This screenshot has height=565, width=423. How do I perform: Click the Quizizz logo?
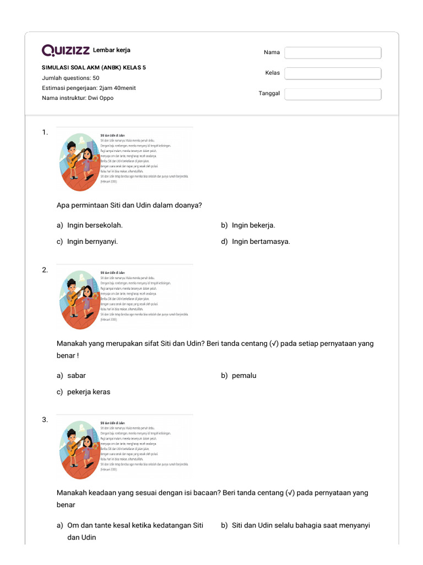tap(66, 51)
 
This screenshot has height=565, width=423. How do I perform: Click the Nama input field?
tap(333, 52)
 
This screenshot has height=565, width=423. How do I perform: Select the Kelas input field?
tap(333, 73)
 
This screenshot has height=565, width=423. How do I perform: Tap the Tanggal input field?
tap(333, 94)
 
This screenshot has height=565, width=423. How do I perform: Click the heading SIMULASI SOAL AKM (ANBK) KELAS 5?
tap(94, 68)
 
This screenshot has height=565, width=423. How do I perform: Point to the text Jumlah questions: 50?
tap(70, 78)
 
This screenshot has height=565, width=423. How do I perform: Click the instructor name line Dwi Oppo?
tap(78, 98)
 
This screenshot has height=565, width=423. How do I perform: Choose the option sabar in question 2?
tap(77, 376)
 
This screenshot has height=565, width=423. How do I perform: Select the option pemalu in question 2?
tap(244, 376)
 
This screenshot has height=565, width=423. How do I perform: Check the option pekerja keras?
tap(89, 392)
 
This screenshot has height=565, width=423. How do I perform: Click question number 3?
tap(45, 420)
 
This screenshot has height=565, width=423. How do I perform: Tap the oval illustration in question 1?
tap(78, 162)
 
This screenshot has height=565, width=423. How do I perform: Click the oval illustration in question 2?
tap(78, 300)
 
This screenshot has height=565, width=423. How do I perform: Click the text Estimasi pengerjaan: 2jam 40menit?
tap(89, 88)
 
